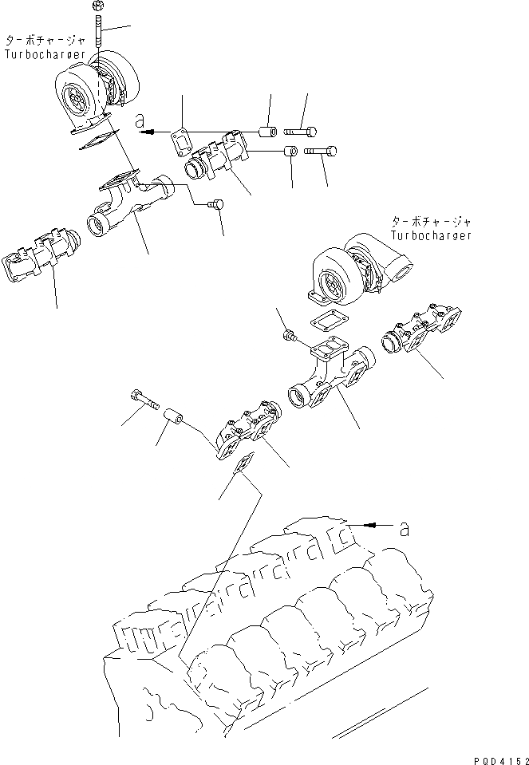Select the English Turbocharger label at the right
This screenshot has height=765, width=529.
431,235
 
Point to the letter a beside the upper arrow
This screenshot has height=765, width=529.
140,122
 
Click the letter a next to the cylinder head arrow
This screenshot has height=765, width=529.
405,527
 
